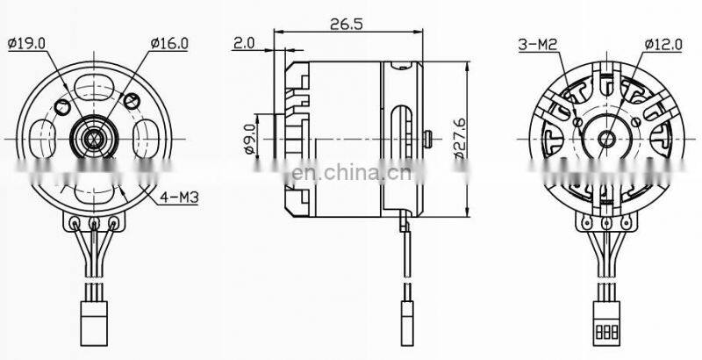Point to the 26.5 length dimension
(x=347, y=24)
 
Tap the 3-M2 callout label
(x=536, y=42)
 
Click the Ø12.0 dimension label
(x=663, y=42)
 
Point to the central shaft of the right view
(x=605, y=138)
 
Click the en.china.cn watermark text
(x=347, y=171)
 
